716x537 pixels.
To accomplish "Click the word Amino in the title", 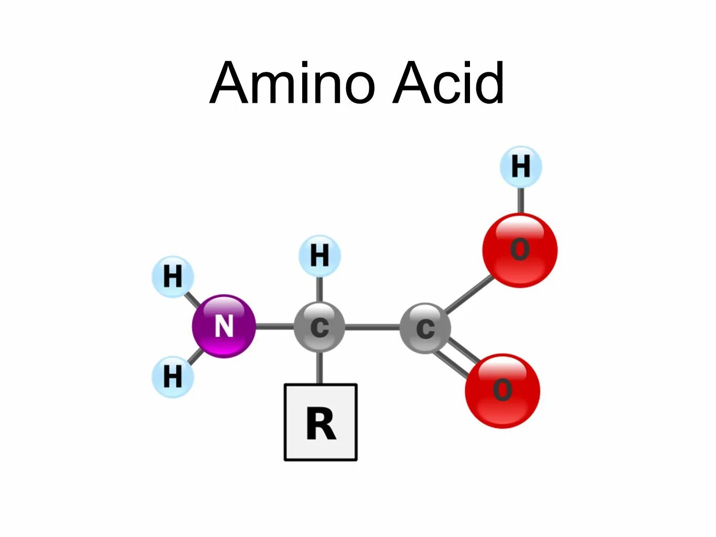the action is coord(293,83).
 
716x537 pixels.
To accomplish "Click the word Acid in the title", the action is coord(448,83).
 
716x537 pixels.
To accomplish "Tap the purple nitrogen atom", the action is coord(224,326).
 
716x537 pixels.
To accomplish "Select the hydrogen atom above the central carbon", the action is coord(319,256).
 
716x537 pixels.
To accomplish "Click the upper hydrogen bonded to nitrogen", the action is coord(173,276).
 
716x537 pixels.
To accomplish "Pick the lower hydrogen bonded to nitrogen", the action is coord(173,376).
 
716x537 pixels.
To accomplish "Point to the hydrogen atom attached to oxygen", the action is coord(520,167).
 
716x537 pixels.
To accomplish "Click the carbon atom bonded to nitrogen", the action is coord(319,327).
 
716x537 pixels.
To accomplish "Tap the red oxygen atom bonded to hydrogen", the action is coord(520,250).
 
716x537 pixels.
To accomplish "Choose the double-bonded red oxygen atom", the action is coord(502,391).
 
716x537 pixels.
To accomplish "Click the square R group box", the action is coord(320,422).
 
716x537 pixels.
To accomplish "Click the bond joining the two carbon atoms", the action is coord(372,327).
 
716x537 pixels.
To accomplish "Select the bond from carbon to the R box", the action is coord(319,367).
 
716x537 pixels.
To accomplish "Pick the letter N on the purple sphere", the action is coord(224,326).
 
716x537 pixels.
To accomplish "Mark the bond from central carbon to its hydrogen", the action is coord(319,289).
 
